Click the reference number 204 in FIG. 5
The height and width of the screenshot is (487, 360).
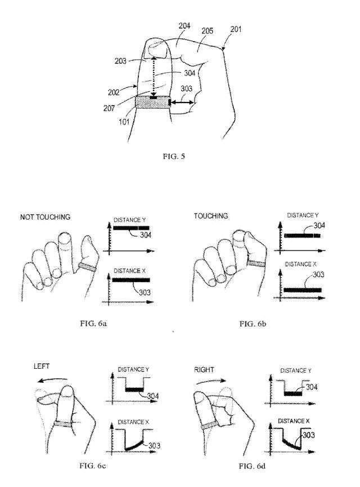click(x=184, y=25)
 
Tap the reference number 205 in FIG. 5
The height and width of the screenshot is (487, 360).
click(x=208, y=31)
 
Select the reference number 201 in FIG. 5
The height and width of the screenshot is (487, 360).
click(x=236, y=29)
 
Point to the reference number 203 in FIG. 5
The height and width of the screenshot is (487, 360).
click(x=120, y=61)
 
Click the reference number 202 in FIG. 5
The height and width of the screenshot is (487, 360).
click(x=114, y=92)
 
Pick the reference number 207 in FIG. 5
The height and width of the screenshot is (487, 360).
click(x=109, y=108)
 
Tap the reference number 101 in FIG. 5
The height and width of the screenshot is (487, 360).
click(x=124, y=122)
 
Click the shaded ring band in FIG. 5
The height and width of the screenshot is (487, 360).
click(x=152, y=102)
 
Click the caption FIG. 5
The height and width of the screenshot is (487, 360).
click(x=174, y=156)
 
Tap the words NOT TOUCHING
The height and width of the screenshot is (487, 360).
click(x=46, y=217)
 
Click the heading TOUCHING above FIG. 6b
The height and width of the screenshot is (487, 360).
click(x=211, y=216)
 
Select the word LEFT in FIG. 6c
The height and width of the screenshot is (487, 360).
click(x=42, y=366)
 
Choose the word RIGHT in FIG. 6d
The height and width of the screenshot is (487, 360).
click(x=204, y=369)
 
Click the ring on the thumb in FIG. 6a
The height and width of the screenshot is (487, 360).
click(x=88, y=266)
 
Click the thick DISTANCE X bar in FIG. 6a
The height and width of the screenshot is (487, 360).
click(x=131, y=280)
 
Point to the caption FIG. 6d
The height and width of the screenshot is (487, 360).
click(x=252, y=466)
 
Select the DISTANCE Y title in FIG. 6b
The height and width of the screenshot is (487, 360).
click(x=303, y=215)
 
